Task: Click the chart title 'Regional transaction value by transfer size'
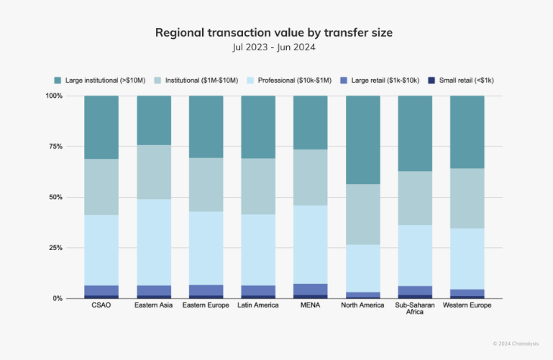click(x=276, y=33)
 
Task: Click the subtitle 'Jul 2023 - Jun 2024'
click(x=276, y=47)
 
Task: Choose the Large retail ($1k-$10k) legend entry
click(x=380, y=80)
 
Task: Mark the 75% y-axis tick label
click(x=55, y=146)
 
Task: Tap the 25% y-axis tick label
click(x=55, y=247)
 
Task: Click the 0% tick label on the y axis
click(x=58, y=298)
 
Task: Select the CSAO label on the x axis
click(x=101, y=305)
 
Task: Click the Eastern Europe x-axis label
click(x=206, y=305)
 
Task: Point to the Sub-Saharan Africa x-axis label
click(x=415, y=309)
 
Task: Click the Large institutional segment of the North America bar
click(x=362, y=139)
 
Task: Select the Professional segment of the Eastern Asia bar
click(x=153, y=242)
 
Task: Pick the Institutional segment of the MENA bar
click(x=310, y=177)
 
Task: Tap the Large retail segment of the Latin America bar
click(x=258, y=290)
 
